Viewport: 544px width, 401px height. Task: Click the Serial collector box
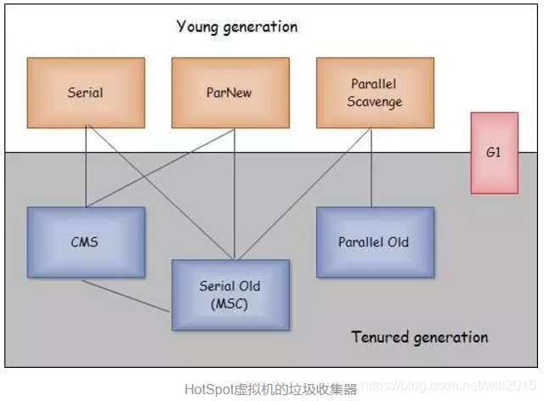click(86, 93)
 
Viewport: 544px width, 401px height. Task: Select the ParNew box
click(230, 93)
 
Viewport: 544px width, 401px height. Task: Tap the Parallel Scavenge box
click(375, 93)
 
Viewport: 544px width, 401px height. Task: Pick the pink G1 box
click(495, 153)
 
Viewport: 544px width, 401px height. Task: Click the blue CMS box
click(86, 242)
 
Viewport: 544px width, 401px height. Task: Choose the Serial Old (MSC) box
click(230, 295)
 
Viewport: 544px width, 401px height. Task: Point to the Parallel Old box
click(375, 242)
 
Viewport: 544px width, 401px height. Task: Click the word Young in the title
click(197, 27)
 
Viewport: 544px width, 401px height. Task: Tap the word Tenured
click(380, 336)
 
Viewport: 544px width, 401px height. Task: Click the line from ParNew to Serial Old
click(235, 194)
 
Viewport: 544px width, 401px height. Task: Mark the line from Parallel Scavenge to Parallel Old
click(371, 167)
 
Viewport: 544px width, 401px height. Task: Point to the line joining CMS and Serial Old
click(126, 296)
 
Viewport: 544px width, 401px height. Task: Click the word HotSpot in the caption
click(209, 389)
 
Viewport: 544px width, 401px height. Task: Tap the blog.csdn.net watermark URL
click(449, 386)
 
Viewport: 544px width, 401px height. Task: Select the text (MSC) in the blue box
click(229, 304)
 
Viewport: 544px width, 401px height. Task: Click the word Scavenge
click(375, 102)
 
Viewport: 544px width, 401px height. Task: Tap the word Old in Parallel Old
click(398, 242)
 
